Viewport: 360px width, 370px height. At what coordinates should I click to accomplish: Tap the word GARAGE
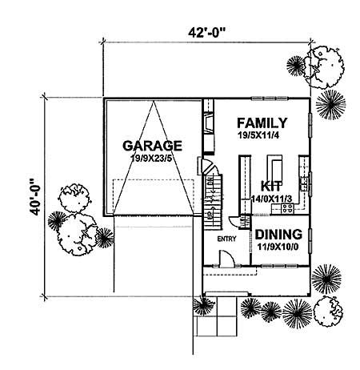(153, 146)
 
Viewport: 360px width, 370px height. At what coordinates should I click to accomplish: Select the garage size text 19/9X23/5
(153, 159)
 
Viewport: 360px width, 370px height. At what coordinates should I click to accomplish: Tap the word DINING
(278, 235)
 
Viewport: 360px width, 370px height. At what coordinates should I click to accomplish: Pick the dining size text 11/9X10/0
(278, 247)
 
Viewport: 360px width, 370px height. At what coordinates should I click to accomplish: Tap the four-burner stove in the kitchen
(283, 210)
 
